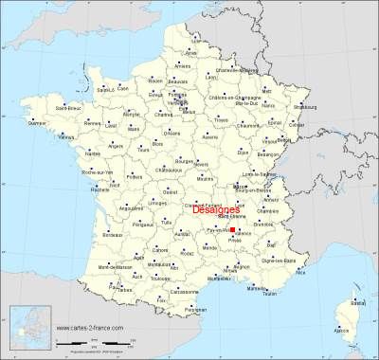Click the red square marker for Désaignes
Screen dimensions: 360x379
coord(233,228)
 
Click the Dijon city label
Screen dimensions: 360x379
coord(243,152)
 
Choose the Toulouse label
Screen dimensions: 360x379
coord(160,279)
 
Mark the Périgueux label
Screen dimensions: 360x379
coord(144,224)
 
